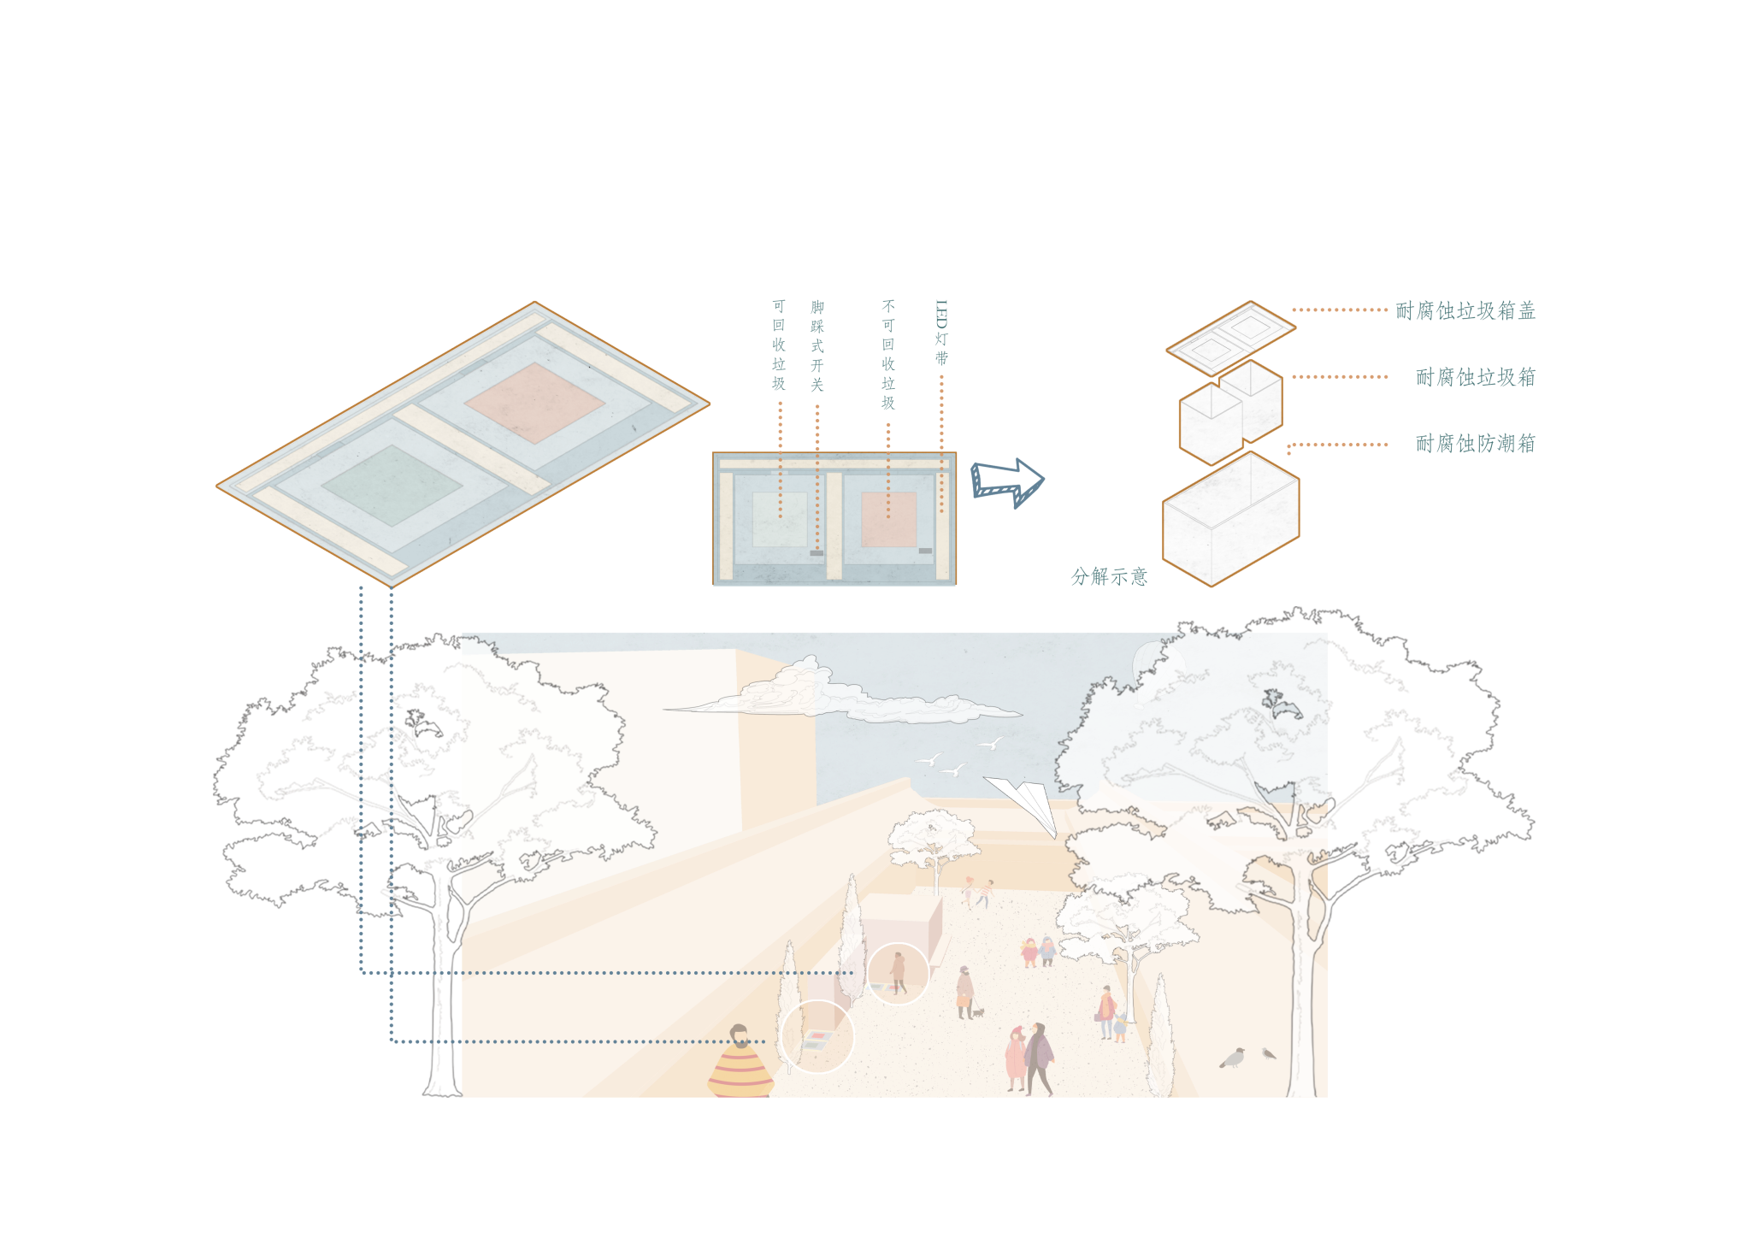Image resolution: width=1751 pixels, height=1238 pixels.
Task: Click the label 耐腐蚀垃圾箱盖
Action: point(1465,310)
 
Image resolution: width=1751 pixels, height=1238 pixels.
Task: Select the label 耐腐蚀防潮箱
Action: point(1475,443)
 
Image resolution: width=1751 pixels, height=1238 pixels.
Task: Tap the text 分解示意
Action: point(1108,576)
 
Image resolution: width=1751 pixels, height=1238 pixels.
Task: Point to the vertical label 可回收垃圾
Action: point(779,345)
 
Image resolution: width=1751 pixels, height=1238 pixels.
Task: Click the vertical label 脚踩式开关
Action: point(817,346)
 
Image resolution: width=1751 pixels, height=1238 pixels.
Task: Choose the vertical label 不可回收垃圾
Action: point(888,355)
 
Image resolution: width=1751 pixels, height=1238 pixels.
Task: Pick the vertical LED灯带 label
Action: point(941,333)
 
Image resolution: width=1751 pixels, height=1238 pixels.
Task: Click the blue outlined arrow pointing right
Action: point(1007,482)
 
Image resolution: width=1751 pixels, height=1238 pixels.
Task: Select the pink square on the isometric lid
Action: point(535,402)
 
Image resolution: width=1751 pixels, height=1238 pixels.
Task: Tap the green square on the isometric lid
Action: point(392,484)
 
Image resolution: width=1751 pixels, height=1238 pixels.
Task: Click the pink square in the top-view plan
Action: point(888,519)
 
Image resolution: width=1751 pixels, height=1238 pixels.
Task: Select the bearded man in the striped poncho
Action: point(740,1064)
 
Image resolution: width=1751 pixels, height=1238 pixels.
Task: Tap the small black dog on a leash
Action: point(979,1012)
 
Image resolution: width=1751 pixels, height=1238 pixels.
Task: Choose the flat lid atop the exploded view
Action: point(1230,337)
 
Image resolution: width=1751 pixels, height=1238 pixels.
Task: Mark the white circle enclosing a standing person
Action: point(898,974)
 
